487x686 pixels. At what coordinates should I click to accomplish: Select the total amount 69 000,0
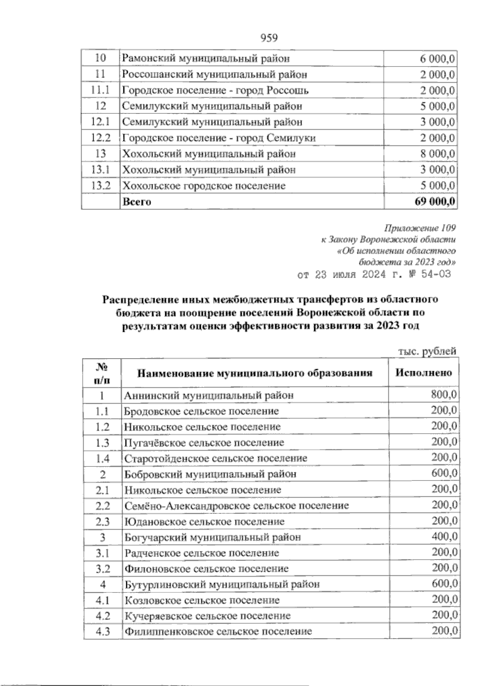435,202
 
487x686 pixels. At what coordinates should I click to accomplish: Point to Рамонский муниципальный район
206,59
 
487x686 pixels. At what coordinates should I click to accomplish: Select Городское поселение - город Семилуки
219,138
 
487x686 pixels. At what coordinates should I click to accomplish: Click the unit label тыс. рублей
426,351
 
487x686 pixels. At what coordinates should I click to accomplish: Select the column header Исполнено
424,372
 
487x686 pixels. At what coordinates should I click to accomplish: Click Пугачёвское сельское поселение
204,442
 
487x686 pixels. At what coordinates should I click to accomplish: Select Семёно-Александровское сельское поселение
237,506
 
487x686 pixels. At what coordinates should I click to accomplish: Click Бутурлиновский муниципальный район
222,584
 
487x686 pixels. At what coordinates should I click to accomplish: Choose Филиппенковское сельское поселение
218,631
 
